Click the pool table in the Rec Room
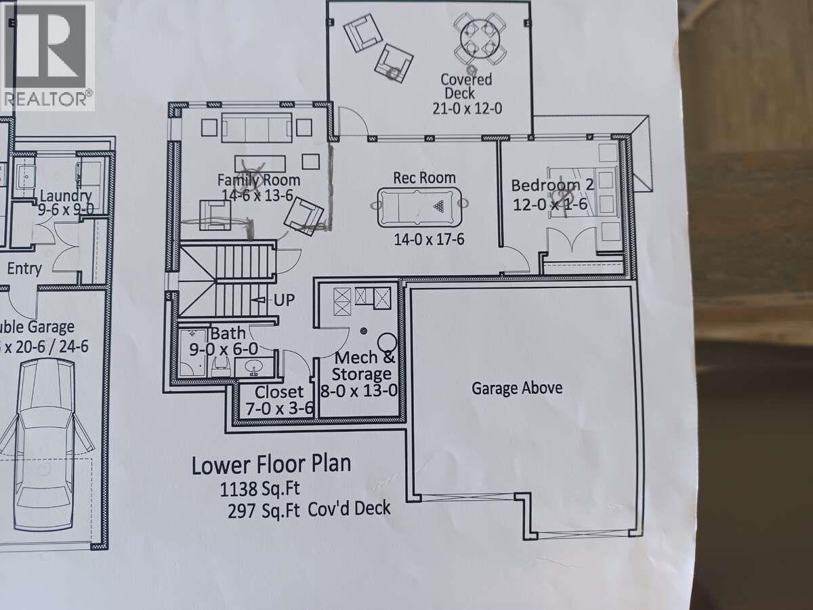pos(419,206)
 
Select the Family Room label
pos(258,180)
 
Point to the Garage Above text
pos(517,388)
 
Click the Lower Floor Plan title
pos(271,466)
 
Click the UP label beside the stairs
pos(285,300)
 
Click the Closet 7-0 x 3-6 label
pos(278,400)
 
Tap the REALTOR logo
pos(46,54)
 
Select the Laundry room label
pos(66,196)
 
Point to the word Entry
pos(24,268)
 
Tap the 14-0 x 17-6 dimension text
pos(429,239)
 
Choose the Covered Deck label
pos(467,86)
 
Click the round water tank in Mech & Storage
pos(387,342)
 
